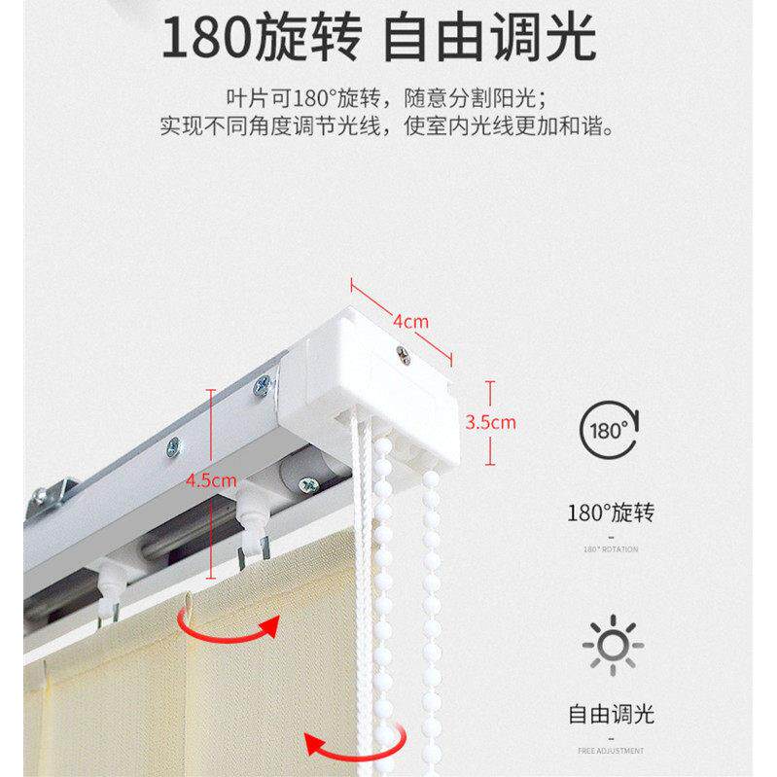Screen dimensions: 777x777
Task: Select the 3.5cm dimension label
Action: tap(490, 423)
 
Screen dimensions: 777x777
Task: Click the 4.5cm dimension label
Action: tap(212, 480)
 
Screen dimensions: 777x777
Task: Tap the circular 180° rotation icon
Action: tap(610, 429)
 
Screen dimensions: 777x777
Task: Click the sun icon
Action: tap(611, 643)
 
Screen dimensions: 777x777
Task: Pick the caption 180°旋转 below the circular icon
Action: tap(611, 512)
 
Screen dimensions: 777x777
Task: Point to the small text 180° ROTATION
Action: tap(611, 549)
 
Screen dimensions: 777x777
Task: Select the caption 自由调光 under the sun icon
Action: tap(611, 715)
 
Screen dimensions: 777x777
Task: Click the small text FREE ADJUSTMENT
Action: tap(611, 751)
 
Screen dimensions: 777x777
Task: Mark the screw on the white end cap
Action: tap(399, 356)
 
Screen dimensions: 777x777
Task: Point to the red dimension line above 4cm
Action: tap(404, 316)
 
